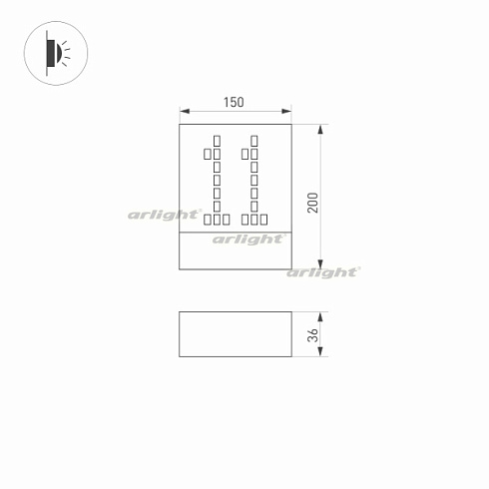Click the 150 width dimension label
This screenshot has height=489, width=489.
[235, 103]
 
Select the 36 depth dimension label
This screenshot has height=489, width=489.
[313, 334]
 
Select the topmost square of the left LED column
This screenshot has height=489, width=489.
[217, 139]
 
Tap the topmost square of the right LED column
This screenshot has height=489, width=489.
[253, 139]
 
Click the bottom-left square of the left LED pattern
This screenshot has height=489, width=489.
[207, 219]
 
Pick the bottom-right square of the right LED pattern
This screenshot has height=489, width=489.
[264, 219]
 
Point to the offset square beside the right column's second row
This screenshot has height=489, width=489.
[244, 154]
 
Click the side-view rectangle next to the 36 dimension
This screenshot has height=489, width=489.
[235, 334]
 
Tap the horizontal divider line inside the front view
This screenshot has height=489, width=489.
[235, 234]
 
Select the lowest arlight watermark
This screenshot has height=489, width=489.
[323, 271]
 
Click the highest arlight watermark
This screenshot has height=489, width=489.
[160, 214]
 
